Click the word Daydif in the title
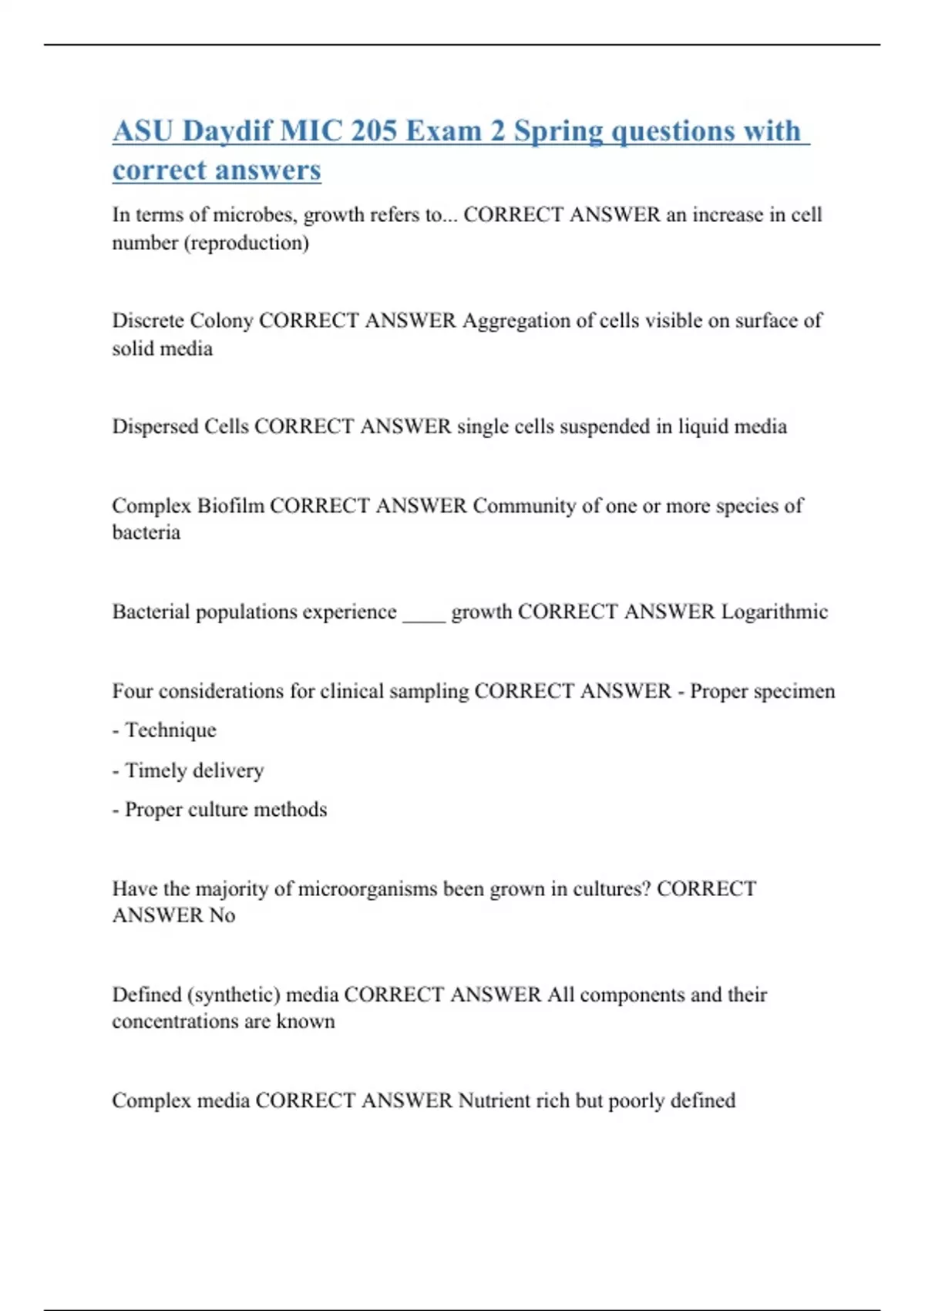(x=227, y=131)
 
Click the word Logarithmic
(x=774, y=612)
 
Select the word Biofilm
(x=230, y=506)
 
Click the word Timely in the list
(x=155, y=770)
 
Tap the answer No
(x=222, y=915)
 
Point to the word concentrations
(x=170, y=1022)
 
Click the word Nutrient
(x=494, y=1100)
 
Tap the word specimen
(x=796, y=692)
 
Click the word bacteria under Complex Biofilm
(x=146, y=533)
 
